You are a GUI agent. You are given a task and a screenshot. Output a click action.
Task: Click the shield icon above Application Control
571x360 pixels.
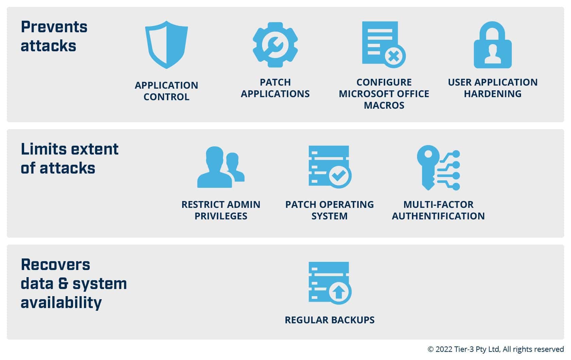coord(167,44)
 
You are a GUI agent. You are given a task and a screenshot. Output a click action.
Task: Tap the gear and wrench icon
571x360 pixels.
coord(275,45)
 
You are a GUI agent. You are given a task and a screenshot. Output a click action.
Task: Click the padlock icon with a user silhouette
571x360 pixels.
coord(492,45)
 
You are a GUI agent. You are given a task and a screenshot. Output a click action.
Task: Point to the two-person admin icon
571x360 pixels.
coord(221,167)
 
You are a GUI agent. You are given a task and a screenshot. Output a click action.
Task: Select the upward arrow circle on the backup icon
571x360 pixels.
coord(340,292)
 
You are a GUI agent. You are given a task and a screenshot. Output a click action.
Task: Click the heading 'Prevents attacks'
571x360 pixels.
coord(54,36)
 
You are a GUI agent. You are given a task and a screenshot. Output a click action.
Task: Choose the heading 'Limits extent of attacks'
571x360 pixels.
coord(70,159)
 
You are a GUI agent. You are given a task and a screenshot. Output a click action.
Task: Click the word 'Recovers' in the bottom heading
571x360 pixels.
coord(55,265)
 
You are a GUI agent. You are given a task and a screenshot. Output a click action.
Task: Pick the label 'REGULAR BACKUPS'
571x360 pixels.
coord(330,320)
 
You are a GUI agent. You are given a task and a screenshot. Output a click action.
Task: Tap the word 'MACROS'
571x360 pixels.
coord(384,105)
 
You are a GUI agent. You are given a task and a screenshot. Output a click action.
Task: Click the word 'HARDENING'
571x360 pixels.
coord(492,94)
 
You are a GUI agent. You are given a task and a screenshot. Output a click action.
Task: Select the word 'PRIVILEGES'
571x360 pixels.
coord(221,216)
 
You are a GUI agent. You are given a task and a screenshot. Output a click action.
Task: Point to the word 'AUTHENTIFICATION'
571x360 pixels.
coord(438,216)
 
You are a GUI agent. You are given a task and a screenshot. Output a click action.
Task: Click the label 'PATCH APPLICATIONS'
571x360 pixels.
coord(275,88)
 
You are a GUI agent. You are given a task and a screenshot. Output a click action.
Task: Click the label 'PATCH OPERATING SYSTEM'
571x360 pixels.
coord(329,210)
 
